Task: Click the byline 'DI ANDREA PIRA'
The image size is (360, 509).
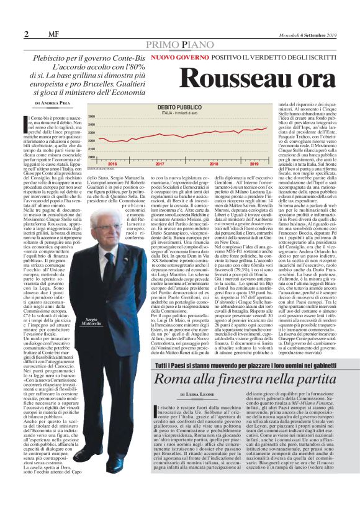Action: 55,101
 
